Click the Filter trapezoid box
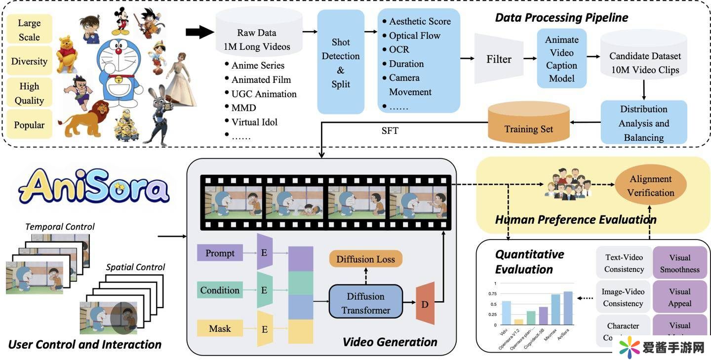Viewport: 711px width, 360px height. [499, 59]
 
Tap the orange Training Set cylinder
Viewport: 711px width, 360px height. [528, 125]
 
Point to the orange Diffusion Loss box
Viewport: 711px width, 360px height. [365, 259]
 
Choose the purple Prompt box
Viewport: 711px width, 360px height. [220, 253]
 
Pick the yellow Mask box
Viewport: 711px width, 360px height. [220, 328]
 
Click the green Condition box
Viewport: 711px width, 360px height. [220, 290]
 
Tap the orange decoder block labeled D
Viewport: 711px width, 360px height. [425, 303]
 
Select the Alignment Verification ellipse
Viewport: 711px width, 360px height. [650, 186]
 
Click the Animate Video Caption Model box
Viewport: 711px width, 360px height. [562, 59]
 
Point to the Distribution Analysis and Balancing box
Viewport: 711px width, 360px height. [644, 123]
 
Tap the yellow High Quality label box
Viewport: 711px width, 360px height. [29, 93]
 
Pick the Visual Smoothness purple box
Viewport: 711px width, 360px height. [679, 264]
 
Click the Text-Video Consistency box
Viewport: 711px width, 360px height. [624, 263]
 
